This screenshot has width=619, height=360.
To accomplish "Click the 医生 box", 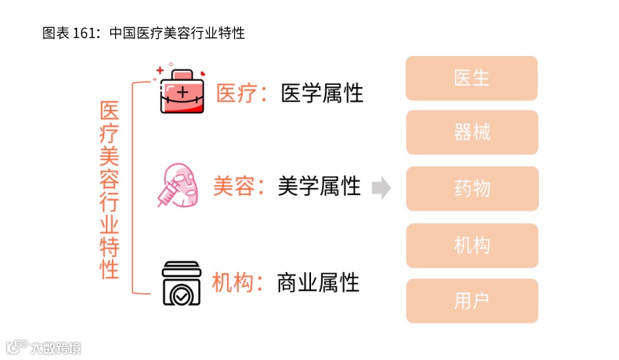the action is [x=471, y=78].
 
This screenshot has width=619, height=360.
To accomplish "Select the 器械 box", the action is [x=471, y=132].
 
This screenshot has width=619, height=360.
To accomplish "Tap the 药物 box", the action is [x=471, y=188].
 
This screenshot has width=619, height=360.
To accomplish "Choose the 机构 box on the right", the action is [x=471, y=246].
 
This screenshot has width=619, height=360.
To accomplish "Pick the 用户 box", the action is [x=471, y=301].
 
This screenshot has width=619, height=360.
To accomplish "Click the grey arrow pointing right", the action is [x=381, y=187].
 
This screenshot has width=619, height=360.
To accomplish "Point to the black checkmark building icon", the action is [x=181, y=281].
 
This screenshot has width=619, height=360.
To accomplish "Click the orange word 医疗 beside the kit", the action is [x=235, y=93].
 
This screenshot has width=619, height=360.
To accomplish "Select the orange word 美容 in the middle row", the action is [x=233, y=186].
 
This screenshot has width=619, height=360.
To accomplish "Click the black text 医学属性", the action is [x=322, y=93].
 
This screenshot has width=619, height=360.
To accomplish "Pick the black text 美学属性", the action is [x=319, y=186].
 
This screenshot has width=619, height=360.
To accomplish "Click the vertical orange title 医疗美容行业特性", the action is [x=110, y=190].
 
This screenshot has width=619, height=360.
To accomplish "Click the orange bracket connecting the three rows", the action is [x=135, y=187].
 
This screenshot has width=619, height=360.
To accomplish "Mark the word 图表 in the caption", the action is [x=54, y=33].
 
